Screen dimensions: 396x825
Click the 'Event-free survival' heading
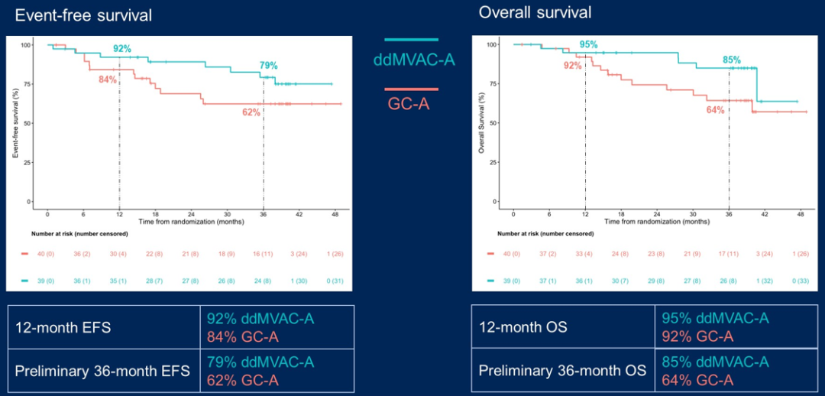click(x=83, y=15)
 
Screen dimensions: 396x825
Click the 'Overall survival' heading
click(x=535, y=13)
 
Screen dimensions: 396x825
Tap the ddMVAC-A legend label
click(x=414, y=60)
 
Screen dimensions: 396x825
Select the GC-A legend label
click(x=409, y=102)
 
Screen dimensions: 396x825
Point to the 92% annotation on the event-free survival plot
click(x=122, y=50)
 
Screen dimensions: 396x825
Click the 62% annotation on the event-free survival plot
click(x=251, y=112)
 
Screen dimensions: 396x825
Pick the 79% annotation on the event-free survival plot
click(x=269, y=66)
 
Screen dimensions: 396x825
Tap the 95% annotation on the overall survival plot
click(x=589, y=45)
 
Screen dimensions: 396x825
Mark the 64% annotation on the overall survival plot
click(x=715, y=110)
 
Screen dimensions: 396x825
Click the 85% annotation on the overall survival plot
click(x=731, y=60)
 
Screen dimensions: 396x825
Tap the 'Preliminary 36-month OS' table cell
click(x=562, y=371)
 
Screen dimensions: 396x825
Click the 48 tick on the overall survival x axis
click(x=800, y=216)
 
